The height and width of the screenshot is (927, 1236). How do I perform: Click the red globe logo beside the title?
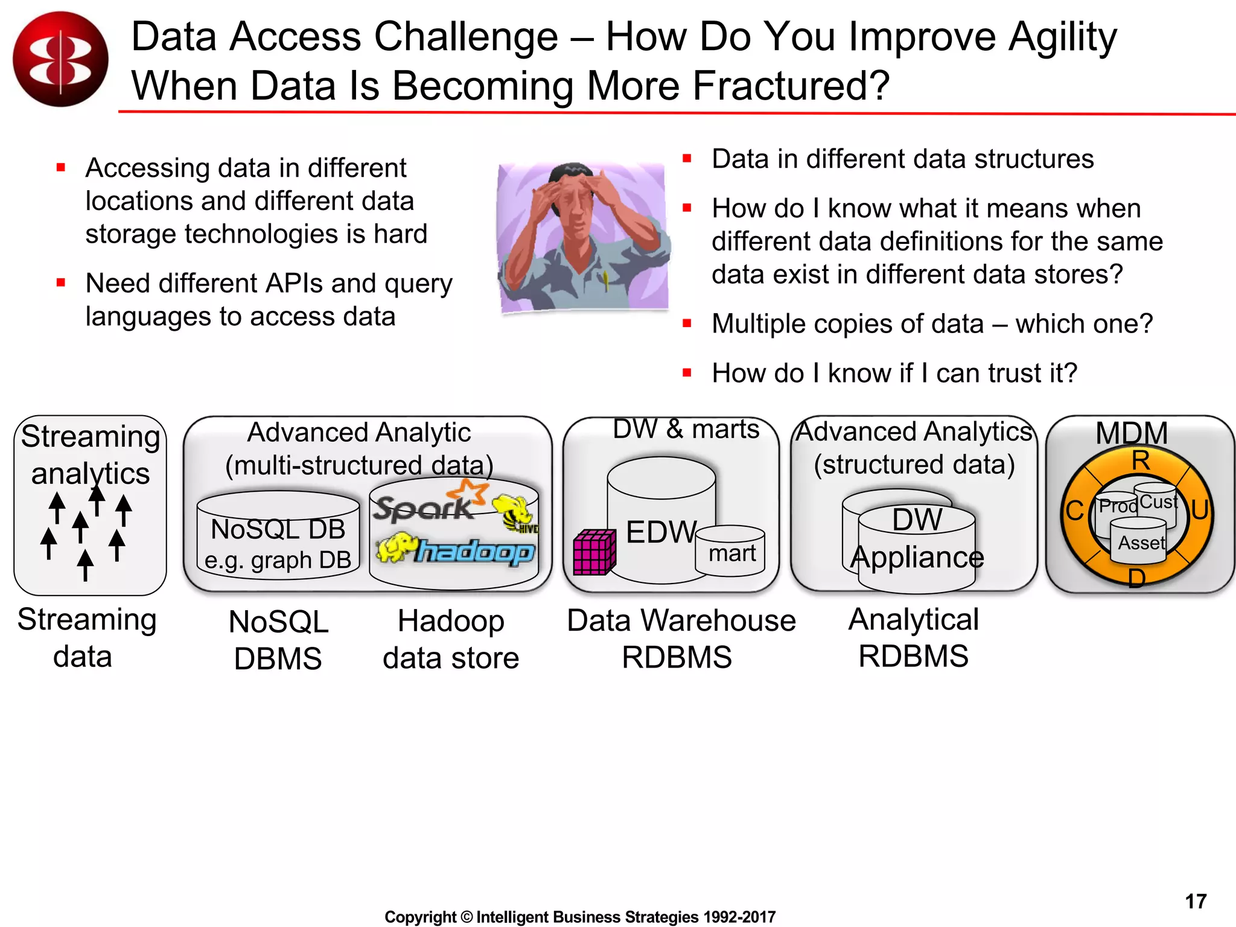tap(60, 59)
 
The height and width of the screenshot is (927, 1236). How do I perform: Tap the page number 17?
tap(1195, 901)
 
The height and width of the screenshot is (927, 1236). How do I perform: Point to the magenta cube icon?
tap(594, 552)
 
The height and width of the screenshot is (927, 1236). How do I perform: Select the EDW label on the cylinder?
tap(661, 532)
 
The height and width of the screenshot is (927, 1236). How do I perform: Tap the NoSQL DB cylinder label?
tap(278, 530)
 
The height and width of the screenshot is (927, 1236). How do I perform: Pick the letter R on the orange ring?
tap(1140, 461)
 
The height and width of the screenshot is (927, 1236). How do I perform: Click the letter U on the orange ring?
tap(1199, 510)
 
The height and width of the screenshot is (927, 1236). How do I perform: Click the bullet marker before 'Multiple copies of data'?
tap(687, 323)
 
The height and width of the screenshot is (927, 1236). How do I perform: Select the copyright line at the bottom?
tap(579, 917)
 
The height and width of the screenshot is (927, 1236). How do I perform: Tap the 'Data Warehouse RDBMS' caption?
tap(681, 639)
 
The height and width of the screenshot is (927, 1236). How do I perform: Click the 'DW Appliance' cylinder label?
tap(917, 538)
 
